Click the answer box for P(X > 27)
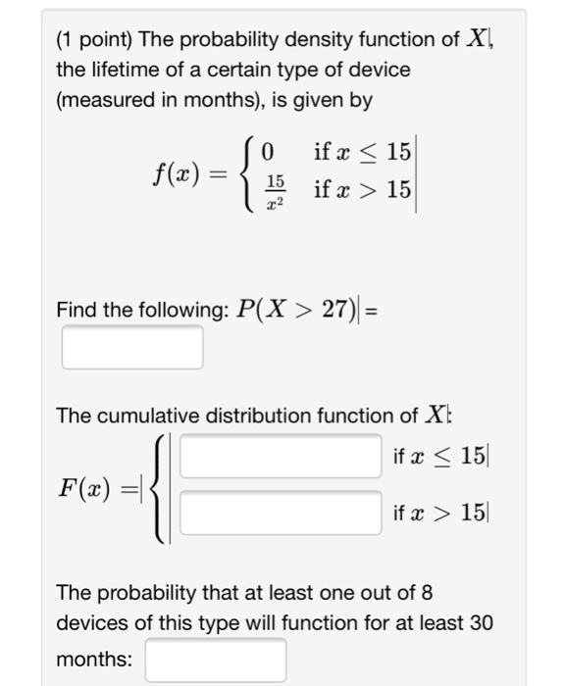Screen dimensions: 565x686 tap(132, 347)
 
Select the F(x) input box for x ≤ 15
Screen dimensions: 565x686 tap(281, 457)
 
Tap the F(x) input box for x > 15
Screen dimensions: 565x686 tap(281, 513)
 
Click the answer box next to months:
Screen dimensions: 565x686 tap(216, 660)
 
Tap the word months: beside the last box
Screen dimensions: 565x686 tap(94, 660)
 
